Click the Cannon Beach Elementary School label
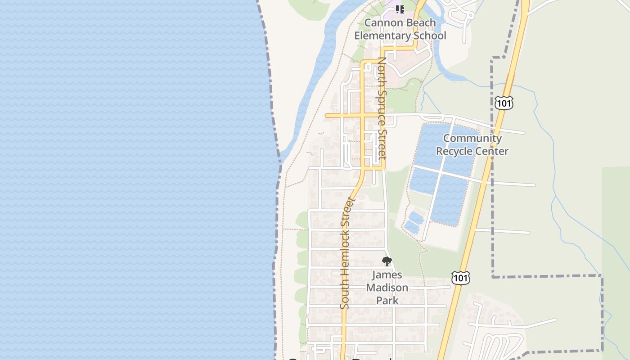click(x=400, y=29)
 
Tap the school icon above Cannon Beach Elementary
click(x=400, y=9)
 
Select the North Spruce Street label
click(x=382, y=108)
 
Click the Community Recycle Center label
click(x=472, y=144)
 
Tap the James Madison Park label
click(x=387, y=288)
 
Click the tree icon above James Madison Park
click(x=387, y=261)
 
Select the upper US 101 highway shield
click(x=504, y=103)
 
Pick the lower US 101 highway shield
click(x=461, y=278)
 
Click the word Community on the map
click(x=472, y=138)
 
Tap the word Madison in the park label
click(x=387, y=288)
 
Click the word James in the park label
click(x=387, y=275)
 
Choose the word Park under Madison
click(x=387, y=300)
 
